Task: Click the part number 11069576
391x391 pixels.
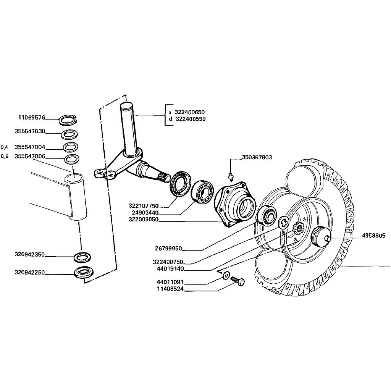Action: pos(31,117)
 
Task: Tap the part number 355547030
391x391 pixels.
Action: pos(30,131)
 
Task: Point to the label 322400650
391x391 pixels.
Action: pos(189,112)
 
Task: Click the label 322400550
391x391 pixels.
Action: pos(190,119)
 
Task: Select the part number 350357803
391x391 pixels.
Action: pos(257,157)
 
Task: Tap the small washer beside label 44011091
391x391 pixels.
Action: pos(226,276)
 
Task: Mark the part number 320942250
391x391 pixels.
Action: pos(30,273)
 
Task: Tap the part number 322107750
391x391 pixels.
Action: pos(143,206)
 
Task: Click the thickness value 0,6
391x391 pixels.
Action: pos(4,156)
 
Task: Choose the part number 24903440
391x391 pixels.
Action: pos(145,213)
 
